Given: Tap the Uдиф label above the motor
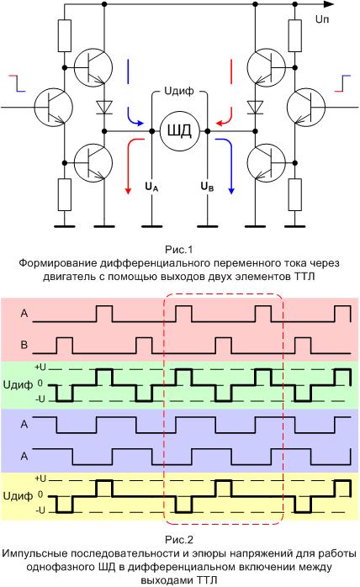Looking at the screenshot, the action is (179, 91).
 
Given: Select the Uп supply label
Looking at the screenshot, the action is (322, 19).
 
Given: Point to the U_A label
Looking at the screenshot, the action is (151, 187).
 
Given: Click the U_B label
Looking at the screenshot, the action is (207, 187).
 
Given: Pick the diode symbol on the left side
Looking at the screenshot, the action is (104, 108).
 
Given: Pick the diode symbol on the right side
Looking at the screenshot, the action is (256, 108).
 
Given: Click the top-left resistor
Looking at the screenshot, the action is (65, 35).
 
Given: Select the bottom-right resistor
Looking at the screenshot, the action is (295, 194).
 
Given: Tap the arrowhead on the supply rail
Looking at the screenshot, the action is (329, 4).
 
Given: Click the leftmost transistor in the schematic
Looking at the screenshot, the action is (54, 107).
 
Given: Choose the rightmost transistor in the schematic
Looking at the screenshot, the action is (306, 107).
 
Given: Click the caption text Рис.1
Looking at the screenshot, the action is (179, 249).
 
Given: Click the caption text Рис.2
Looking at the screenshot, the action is (179, 540).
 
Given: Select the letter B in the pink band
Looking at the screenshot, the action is (24, 345).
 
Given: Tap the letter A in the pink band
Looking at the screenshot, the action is (24, 313).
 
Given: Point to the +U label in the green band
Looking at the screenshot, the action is (40, 368).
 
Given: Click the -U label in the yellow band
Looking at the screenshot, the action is (40, 510).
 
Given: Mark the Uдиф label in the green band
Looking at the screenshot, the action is (18, 384).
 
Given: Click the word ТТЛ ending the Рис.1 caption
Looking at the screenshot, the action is (305, 277).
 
